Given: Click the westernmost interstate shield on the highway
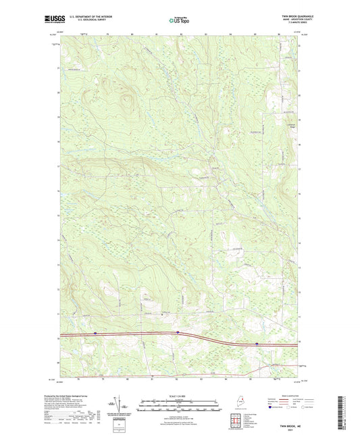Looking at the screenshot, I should [x=95, y=332].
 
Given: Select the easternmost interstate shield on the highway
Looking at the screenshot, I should [x=256, y=343].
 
